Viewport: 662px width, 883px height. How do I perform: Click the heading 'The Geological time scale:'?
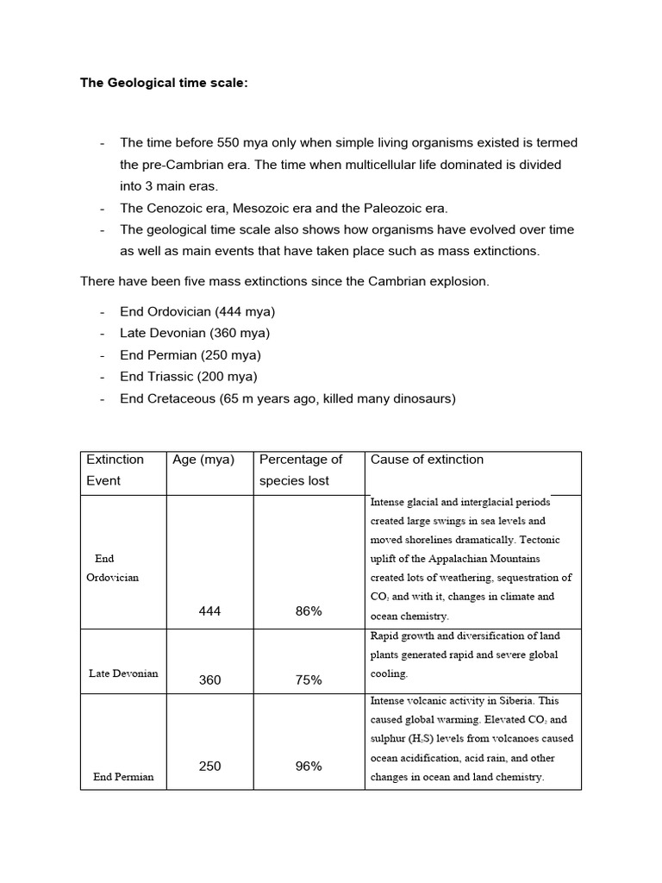tap(164, 84)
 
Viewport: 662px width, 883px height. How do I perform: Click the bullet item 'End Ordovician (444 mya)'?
tap(197, 311)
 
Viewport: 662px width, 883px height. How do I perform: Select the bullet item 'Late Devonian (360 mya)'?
tap(195, 333)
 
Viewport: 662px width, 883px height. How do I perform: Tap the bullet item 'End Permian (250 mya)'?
tap(190, 354)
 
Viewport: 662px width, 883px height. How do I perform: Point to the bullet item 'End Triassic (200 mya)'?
tap(188, 376)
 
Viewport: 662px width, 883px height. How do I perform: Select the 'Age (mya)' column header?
tap(203, 460)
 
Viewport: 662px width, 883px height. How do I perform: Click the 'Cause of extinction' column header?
tap(427, 460)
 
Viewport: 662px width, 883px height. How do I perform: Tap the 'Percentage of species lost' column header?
tap(301, 470)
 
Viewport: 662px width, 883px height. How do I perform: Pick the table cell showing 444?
tap(209, 611)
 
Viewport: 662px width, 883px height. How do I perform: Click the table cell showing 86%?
tap(308, 611)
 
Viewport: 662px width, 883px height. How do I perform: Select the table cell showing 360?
tap(209, 679)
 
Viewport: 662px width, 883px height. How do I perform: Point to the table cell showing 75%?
tap(308, 679)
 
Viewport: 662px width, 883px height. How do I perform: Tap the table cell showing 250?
tap(209, 766)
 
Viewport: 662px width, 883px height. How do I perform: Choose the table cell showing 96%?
tap(308, 766)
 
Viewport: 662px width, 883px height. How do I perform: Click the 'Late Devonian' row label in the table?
tap(123, 673)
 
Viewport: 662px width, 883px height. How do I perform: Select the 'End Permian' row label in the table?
tap(123, 777)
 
